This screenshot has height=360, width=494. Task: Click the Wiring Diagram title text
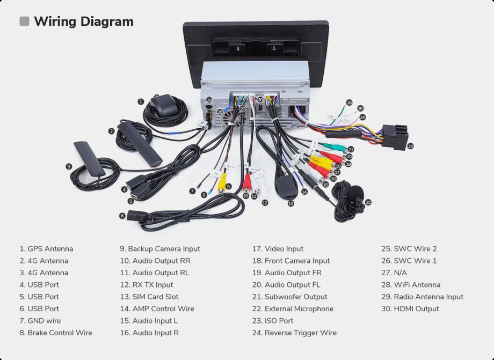tap(83, 21)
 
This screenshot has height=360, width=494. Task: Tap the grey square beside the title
tap(24, 21)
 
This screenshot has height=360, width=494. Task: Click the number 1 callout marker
tap(141, 101)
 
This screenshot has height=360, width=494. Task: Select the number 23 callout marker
tap(411, 145)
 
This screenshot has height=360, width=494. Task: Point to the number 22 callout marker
tap(368, 202)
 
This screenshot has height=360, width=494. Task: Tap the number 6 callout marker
tap(122, 216)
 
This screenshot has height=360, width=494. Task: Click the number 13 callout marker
tap(290, 203)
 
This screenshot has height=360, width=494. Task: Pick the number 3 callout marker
tap(69, 166)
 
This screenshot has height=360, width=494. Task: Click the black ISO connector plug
tap(393, 137)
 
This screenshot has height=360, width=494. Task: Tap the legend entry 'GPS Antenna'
tap(46, 249)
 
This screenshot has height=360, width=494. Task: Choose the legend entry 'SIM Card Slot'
tap(149, 297)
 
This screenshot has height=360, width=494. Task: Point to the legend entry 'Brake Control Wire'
tap(56, 333)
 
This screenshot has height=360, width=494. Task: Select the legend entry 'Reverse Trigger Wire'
tap(294, 333)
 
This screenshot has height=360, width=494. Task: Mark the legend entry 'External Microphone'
tap(293, 309)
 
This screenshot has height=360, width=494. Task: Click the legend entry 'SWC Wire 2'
tap(409, 249)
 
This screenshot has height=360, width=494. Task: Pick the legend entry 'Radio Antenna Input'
tap(422, 297)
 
